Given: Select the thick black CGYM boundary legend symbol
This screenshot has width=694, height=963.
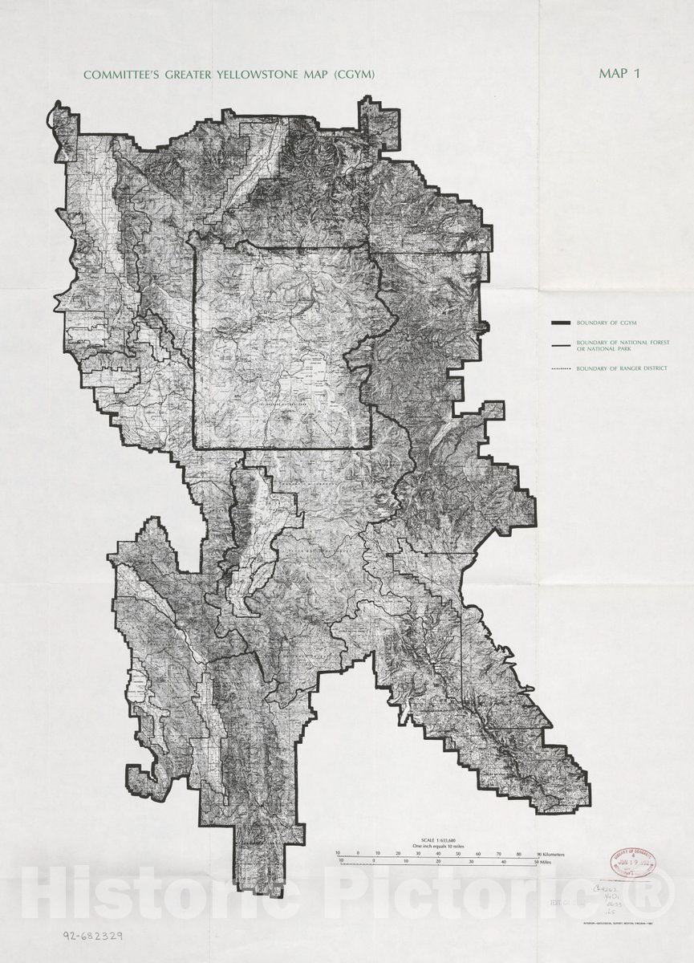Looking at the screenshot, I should pos(560,323).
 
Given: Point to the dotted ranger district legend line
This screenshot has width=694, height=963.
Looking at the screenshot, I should pos(560,369).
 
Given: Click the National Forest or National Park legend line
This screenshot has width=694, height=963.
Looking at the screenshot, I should pos(560,345).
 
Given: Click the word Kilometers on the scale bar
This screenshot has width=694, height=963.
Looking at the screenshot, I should pos(554,854).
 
